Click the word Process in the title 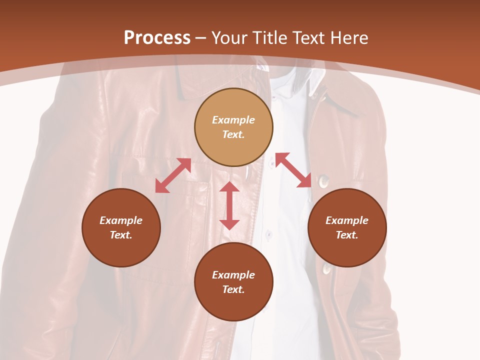coord(157,38)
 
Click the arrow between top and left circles coord(173,175)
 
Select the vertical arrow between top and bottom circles coord(229,205)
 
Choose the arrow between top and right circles coord(293,170)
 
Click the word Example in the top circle coord(233,120)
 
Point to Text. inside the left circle coord(121,235)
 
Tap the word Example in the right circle coord(347,220)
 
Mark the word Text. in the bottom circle coord(233,289)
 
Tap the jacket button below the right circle coord(327,269)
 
